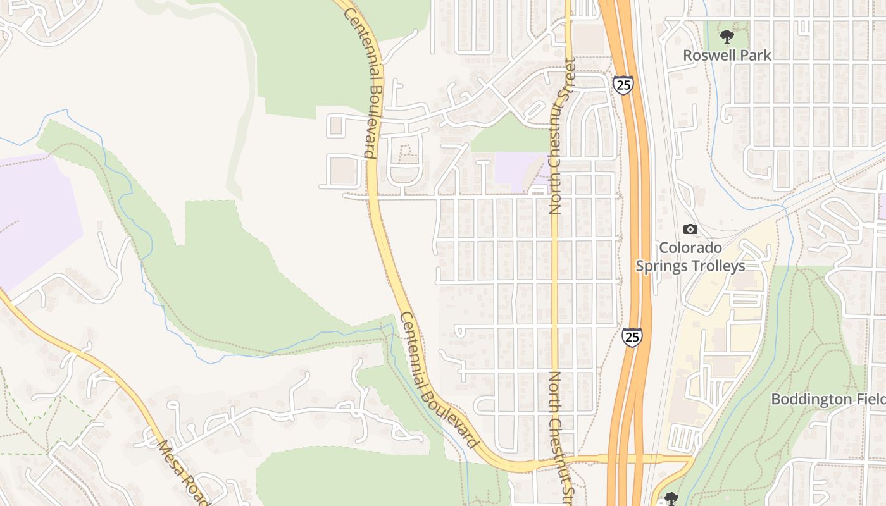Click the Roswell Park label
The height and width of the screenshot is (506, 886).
tap(727, 55)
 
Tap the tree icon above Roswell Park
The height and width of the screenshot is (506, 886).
tap(727, 37)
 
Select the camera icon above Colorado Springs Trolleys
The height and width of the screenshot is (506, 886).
tap(690, 229)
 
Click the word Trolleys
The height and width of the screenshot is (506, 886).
tap(717, 266)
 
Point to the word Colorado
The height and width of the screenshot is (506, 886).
tap(690, 247)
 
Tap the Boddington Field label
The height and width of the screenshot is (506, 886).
tap(828, 399)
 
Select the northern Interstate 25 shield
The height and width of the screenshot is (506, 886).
tap(623, 84)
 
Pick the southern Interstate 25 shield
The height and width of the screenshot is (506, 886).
tap(632, 336)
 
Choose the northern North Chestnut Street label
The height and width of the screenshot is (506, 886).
tap(556, 136)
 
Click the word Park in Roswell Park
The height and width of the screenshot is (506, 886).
tap(756, 55)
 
